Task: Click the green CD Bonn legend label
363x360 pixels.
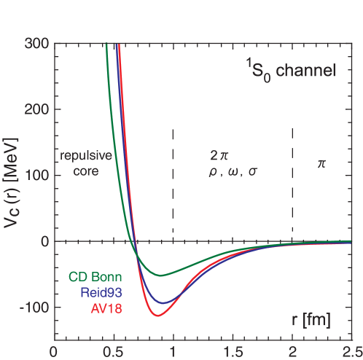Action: tap(95, 277)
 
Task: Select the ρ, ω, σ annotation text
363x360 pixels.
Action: tap(233, 173)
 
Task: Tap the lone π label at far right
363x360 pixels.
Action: tap(321, 165)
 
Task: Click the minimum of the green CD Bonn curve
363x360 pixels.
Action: tap(160, 275)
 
